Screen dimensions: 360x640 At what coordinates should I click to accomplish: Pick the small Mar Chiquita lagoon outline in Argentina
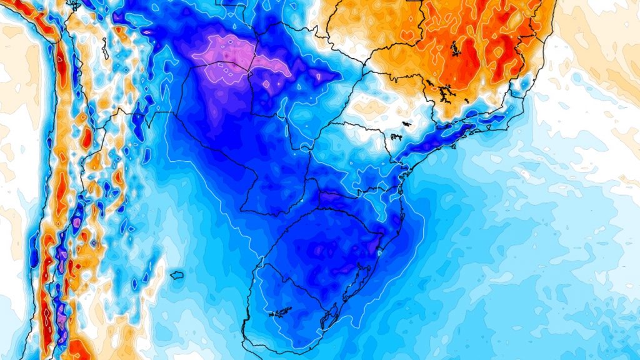coord(176,275)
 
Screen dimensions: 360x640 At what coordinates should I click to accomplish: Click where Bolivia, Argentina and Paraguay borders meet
coord(176,113)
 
